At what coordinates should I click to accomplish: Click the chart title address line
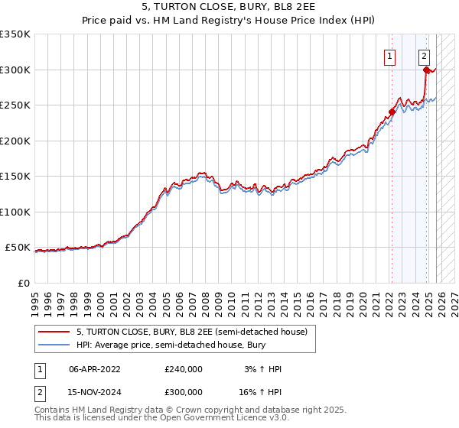(x=229, y=8)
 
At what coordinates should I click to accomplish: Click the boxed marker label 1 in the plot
(x=390, y=55)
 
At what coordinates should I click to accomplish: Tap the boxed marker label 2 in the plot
(x=424, y=55)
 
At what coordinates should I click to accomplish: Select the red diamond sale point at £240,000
(x=392, y=112)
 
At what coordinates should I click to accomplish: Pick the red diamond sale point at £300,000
(x=426, y=70)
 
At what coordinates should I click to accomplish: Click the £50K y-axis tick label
(x=18, y=248)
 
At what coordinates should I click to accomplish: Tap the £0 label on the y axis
(x=23, y=284)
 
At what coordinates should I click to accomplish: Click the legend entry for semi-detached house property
(x=191, y=332)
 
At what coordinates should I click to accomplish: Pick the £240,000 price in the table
(x=183, y=369)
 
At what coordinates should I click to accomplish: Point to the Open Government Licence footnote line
(x=162, y=418)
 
